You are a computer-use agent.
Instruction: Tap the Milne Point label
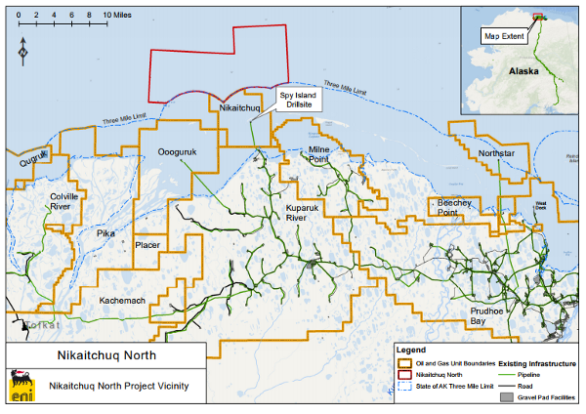point(320,155)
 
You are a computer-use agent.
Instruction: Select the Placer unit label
point(147,245)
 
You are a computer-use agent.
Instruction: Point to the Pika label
point(105,234)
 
